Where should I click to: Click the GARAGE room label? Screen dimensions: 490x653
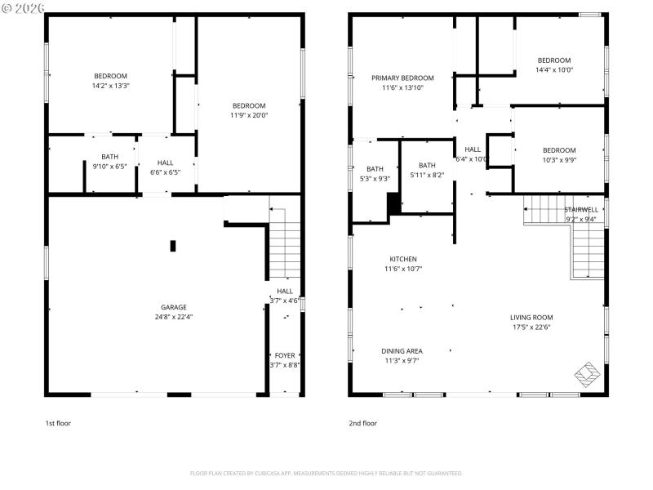pos(173,307)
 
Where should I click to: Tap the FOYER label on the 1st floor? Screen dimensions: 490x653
pos(285,355)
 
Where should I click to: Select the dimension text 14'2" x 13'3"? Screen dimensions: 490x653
pos(110,85)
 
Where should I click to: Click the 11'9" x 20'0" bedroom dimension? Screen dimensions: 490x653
pos(249,115)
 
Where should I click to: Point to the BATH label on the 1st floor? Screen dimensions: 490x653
pos(109,157)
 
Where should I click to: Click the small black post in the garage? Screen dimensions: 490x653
pos(173,245)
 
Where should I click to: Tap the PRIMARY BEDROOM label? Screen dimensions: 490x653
pos(402,78)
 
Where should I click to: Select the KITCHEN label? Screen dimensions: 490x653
pos(402,259)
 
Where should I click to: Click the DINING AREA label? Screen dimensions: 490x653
pos(402,351)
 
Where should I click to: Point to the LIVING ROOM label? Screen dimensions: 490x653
pos(531,318)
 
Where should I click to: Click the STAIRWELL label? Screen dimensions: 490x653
pos(582,209)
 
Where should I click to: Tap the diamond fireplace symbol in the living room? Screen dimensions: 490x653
pos(586,375)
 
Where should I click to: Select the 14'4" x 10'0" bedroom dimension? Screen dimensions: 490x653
pos(554,69)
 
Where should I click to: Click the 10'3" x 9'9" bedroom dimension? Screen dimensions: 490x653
pos(559,160)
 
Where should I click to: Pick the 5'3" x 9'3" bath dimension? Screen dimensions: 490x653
pos(375,178)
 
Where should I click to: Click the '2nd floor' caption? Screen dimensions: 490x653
pos(363,423)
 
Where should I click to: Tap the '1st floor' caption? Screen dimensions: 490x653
pos(58,423)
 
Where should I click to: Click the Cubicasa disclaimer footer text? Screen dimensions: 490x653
pos(326,473)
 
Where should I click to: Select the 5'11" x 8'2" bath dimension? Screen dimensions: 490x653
pos(427,175)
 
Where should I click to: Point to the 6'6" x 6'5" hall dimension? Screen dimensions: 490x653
pos(166,172)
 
